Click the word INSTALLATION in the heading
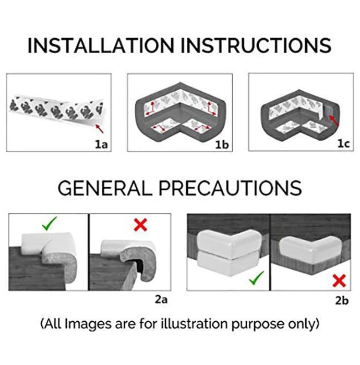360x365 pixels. coord(101,45)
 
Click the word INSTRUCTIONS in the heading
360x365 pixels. coord(256,45)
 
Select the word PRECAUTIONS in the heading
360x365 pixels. coord(230,188)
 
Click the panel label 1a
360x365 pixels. coord(101,144)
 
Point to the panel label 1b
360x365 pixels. coord(222,144)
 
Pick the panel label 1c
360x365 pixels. coord(343,143)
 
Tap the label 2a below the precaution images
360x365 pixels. coord(161,300)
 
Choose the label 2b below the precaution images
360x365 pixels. coord(342,300)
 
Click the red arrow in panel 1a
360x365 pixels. coord(100,128)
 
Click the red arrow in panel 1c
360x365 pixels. coord(334,121)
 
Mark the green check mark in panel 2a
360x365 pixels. coord(49,224)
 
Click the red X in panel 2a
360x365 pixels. coord(140,225)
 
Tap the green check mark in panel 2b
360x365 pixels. coord(256,278)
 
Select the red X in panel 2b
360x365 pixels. coord(339,281)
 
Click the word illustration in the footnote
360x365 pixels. coord(194,324)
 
